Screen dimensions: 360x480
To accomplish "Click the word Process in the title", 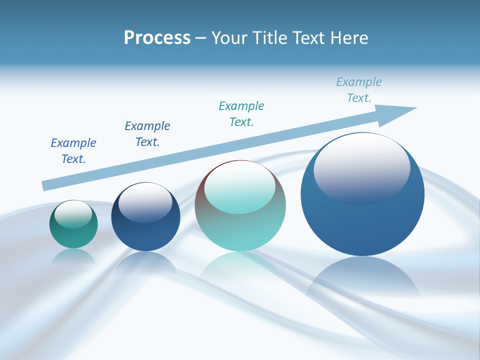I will pos(157,38).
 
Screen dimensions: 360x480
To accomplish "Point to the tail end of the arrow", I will pos(45,185).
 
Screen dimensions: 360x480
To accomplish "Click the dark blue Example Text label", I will pos(147,133).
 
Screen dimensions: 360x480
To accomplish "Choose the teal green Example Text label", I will pos(241,113).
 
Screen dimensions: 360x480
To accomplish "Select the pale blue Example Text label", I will pos(359,90).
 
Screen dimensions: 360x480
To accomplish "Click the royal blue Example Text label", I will pos(73,150).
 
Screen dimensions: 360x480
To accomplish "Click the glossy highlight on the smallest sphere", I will pos(73,214).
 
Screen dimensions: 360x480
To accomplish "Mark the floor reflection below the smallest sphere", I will pos(73,256).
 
